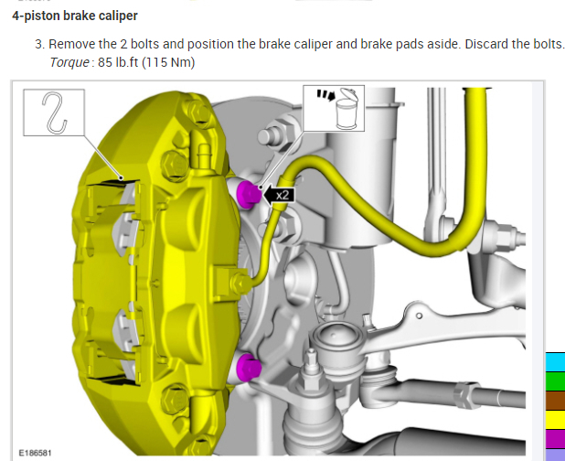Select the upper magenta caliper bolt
tap(247, 193)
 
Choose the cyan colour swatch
tap(555, 360)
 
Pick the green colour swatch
tap(555, 381)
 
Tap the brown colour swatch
tap(555, 401)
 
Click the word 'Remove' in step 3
tap(71, 44)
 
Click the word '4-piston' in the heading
tap(36, 16)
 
